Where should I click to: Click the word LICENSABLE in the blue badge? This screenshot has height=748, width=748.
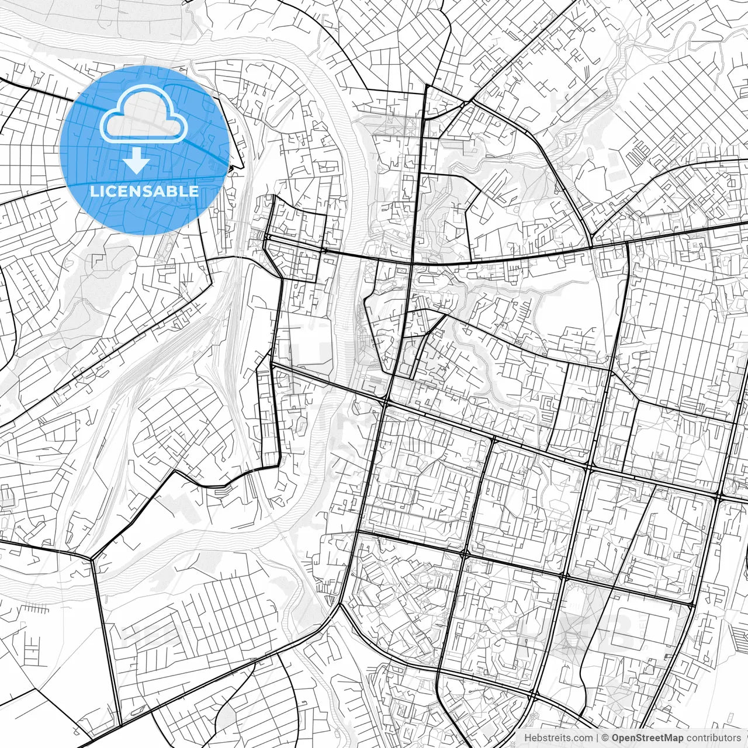pyautogui.click(x=144, y=191)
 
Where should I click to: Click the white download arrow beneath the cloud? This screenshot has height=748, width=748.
pyautogui.click(x=137, y=160)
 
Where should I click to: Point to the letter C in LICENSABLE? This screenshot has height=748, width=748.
pyautogui.click(x=111, y=191)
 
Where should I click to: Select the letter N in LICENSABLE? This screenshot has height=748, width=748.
pyautogui.click(x=136, y=191)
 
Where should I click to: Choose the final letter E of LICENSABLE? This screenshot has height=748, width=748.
pyautogui.click(x=194, y=191)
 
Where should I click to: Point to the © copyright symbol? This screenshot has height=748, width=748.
pyautogui.click(x=605, y=738)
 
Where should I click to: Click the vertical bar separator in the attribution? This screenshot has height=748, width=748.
pyautogui.click(x=597, y=738)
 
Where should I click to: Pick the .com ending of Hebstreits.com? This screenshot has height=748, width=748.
pyautogui.click(x=581, y=738)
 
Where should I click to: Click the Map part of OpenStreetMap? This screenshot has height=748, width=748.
pyautogui.click(x=673, y=738)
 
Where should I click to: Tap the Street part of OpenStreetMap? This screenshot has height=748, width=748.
pyautogui.click(x=649, y=738)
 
